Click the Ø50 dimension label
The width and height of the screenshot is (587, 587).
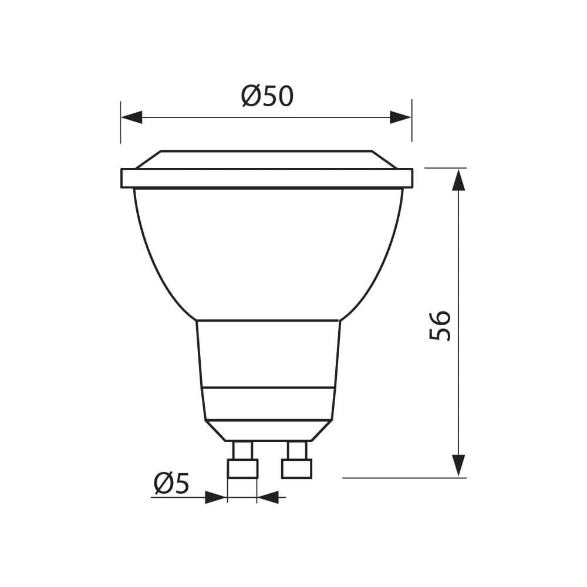click(267, 96)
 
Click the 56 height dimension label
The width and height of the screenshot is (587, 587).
click(440, 325)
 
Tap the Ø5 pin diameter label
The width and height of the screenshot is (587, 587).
click(171, 484)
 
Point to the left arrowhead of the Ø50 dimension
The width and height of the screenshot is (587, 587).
click(131, 117)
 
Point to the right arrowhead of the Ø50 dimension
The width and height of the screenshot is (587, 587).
click(400, 117)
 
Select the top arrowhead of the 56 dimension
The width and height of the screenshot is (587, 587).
click(458, 180)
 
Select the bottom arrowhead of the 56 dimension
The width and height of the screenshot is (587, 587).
click(458, 465)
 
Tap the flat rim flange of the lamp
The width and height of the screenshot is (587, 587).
click(266, 178)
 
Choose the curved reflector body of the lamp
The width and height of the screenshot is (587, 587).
click(268, 252)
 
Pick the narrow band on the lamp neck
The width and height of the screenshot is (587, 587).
click(268, 404)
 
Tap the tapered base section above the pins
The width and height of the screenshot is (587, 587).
click(268, 431)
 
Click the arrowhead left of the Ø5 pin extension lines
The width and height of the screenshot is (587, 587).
click(216, 498)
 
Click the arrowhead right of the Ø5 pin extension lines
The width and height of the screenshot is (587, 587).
click(268, 498)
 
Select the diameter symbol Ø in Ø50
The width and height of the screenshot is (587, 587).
click(251, 96)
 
